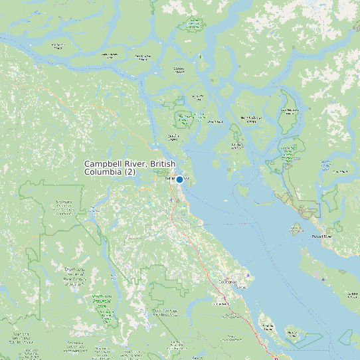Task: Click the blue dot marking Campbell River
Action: click(x=179, y=179)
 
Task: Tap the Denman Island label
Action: click(x=268, y=326)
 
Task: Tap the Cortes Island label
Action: click(x=236, y=144)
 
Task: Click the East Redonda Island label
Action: click(x=290, y=110)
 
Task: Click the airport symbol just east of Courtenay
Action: click(x=248, y=275)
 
